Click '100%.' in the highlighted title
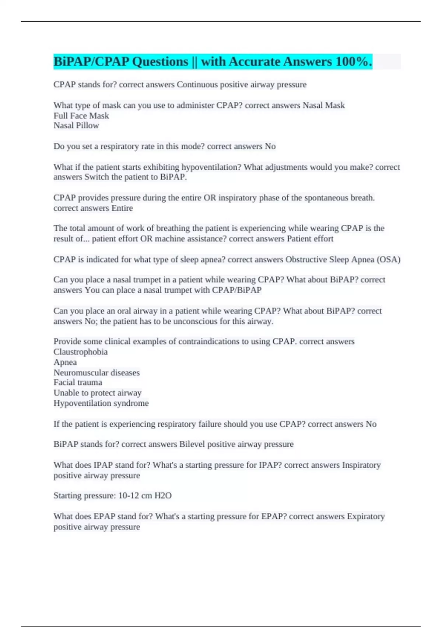354,62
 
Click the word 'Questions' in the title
160,62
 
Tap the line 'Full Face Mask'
81,116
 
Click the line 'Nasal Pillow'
76,126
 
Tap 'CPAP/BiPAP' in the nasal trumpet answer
236,290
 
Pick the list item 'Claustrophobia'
81,352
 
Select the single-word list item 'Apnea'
65,363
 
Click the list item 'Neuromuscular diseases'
97,373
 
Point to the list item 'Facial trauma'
78,383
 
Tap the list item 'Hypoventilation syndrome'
101,403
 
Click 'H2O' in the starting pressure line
163,496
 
